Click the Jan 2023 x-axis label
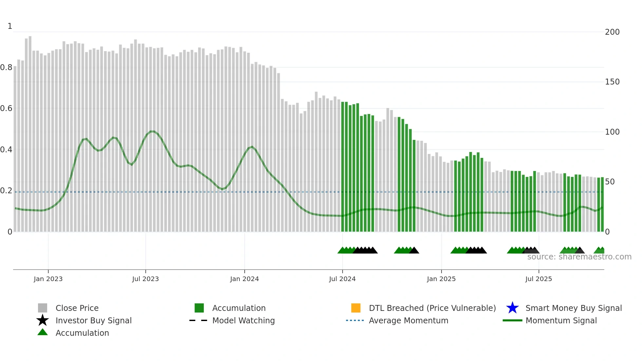[x=48, y=279]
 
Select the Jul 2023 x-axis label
[x=145, y=279]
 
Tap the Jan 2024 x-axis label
[x=244, y=279]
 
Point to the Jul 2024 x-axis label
[x=342, y=279]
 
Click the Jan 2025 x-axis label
[x=441, y=279]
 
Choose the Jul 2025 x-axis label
[x=538, y=279]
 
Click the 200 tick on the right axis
[x=612, y=32]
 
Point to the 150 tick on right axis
[x=612, y=82]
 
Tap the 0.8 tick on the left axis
[x=6, y=67]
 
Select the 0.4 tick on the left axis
[x=6, y=150]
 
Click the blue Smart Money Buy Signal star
[x=512, y=308]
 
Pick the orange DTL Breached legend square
[x=356, y=308]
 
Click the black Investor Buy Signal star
[x=43, y=320]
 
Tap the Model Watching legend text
[x=243, y=320]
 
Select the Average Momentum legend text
[x=408, y=320]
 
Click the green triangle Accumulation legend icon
[x=43, y=332]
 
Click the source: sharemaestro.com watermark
[x=579, y=257]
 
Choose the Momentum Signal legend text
[x=561, y=320]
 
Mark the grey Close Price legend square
[x=43, y=308]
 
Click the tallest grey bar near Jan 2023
[x=30, y=131]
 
